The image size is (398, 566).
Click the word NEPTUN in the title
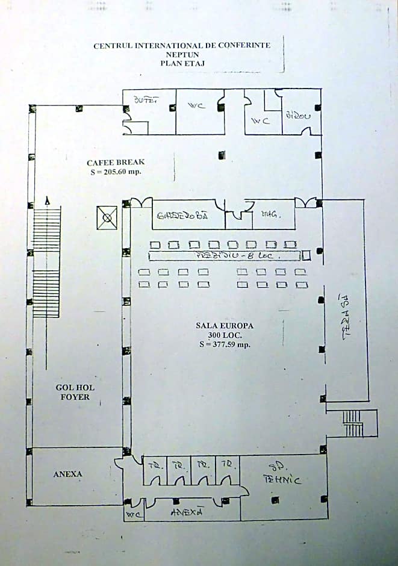(182, 54)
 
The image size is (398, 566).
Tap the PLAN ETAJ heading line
(182, 62)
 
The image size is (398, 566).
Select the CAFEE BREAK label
(116, 163)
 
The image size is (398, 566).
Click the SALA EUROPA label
(225, 326)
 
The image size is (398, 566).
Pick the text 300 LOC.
(225, 335)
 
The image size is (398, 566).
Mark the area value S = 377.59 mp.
(225, 345)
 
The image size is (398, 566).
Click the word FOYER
(75, 397)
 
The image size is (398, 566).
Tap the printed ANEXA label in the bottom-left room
(67, 474)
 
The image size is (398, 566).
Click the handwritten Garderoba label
(182, 216)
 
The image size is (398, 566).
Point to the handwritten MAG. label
(269, 214)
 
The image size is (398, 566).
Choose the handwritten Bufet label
(146, 101)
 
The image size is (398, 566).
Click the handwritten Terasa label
(346, 317)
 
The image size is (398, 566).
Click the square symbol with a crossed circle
(107, 217)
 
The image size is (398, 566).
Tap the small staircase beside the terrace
(353, 423)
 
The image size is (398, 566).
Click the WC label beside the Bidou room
(260, 121)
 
